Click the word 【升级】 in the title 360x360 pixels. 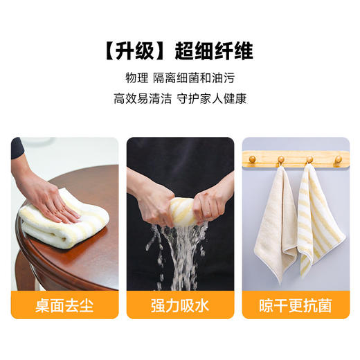pos(136,51)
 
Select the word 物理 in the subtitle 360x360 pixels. pos(136,77)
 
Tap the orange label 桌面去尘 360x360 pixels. pos(64,305)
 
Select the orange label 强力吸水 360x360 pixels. pos(179,305)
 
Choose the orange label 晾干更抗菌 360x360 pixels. pos(295,305)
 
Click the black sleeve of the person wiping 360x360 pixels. pos(17,148)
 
